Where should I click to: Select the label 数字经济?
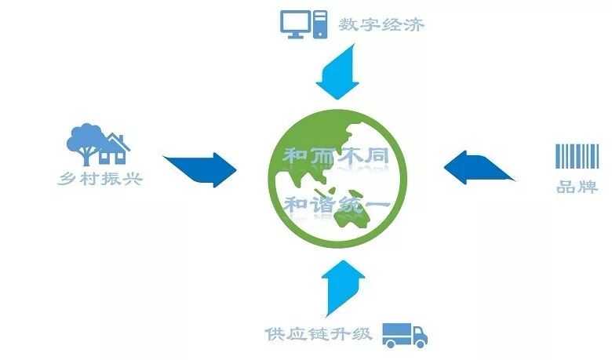(381, 25)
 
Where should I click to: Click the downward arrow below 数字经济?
(336, 72)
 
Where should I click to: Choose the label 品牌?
(577, 188)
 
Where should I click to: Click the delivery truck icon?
(404, 334)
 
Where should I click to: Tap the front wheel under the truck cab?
(421, 342)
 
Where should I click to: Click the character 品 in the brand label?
(566, 188)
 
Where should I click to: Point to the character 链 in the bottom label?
(318, 333)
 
